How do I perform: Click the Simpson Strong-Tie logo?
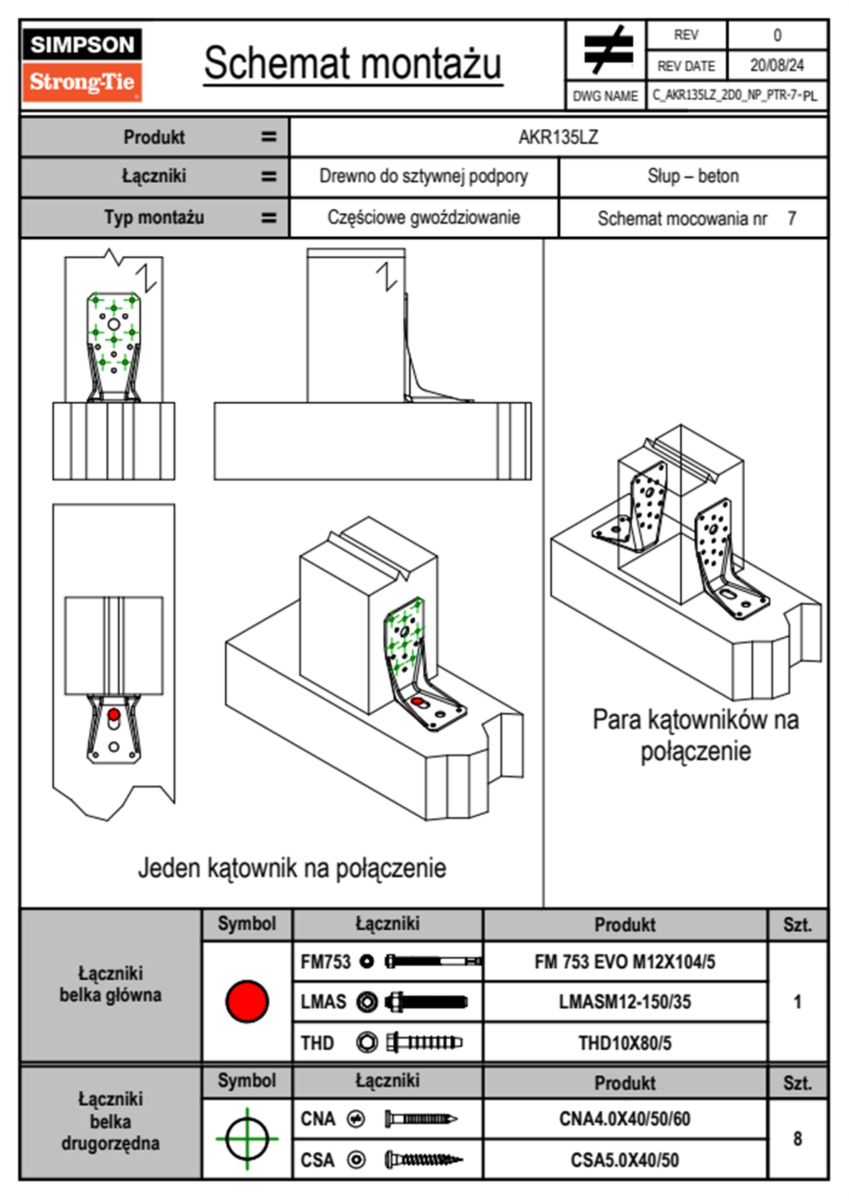pyautogui.click(x=81, y=64)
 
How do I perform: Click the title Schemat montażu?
pyautogui.click(x=353, y=63)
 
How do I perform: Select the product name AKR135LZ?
pyautogui.click(x=558, y=137)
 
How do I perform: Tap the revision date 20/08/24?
pyautogui.click(x=776, y=66)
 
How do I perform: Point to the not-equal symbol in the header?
pyautogui.click(x=607, y=50)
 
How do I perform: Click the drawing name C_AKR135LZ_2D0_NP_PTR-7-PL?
pyautogui.click(x=735, y=96)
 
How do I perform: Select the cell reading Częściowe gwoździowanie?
pyautogui.click(x=423, y=218)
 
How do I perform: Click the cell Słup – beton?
pyautogui.click(x=693, y=176)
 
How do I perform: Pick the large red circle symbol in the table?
pyautogui.click(x=247, y=1001)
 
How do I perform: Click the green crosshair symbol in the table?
pyautogui.click(x=247, y=1139)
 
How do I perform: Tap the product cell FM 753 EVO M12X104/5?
pyautogui.click(x=624, y=962)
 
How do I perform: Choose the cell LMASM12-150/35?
pyautogui.click(x=624, y=1002)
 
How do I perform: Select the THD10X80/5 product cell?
pyautogui.click(x=624, y=1043)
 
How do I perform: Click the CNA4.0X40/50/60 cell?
pyautogui.click(x=624, y=1119)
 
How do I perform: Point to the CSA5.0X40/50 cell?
pyautogui.click(x=624, y=1160)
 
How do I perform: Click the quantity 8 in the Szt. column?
pyautogui.click(x=797, y=1139)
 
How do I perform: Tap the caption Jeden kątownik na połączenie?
pyautogui.click(x=292, y=868)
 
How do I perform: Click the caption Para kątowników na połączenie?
pyautogui.click(x=696, y=735)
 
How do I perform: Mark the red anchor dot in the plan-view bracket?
pyautogui.click(x=113, y=715)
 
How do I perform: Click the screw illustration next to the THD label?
pyautogui.click(x=424, y=1043)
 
